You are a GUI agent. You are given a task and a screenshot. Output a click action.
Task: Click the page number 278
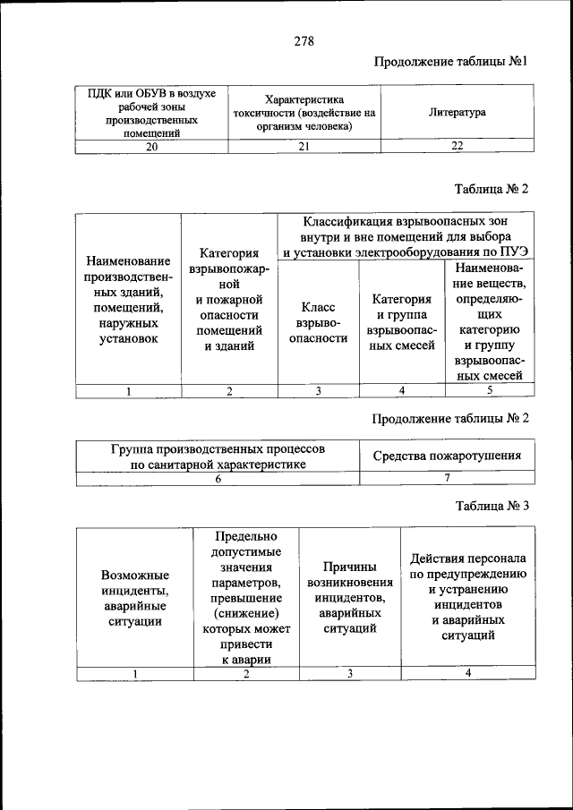click(x=303, y=41)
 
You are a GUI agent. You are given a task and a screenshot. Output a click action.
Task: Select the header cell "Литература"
click(x=458, y=113)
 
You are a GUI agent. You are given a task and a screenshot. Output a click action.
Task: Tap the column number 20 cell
click(x=151, y=148)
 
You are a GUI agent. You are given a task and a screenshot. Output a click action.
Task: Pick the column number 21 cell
click(x=304, y=148)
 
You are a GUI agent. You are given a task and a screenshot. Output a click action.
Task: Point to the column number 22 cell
click(x=458, y=148)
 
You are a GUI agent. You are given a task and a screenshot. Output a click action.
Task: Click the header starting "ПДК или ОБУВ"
click(x=151, y=113)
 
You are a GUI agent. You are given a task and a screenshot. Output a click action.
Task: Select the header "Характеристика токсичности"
click(x=304, y=113)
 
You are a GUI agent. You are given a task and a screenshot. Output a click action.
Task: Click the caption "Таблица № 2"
click(x=492, y=189)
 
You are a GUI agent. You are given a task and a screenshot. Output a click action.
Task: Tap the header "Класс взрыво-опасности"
click(x=318, y=322)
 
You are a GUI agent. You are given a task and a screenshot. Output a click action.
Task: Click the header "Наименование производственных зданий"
click(x=128, y=300)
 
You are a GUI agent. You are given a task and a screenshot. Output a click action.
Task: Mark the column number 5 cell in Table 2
click(x=489, y=390)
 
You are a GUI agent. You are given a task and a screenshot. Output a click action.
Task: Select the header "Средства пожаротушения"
click(x=447, y=456)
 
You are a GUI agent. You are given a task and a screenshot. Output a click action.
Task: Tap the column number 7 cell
click(x=447, y=479)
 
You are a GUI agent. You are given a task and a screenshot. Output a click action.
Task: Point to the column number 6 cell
click(x=218, y=479)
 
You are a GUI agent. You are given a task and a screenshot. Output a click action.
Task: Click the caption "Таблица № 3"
click(x=492, y=506)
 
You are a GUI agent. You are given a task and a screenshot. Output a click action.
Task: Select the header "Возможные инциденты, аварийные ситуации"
click(x=134, y=597)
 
